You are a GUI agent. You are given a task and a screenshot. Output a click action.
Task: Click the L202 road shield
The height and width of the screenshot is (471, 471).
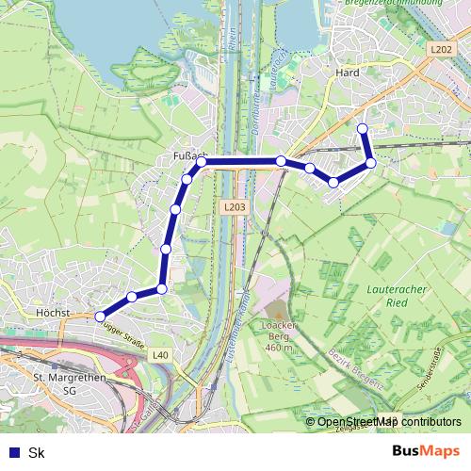[x=439, y=50]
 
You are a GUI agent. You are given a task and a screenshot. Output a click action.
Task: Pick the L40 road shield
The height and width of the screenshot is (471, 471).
[x=161, y=355]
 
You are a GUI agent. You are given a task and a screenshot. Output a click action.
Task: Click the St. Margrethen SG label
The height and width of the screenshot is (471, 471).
[x=67, y=383]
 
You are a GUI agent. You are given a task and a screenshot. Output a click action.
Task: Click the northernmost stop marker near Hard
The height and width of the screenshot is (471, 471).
[x=363, y=128]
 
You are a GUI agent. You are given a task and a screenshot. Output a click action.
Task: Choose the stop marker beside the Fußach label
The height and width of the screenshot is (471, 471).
[x=201, y=162]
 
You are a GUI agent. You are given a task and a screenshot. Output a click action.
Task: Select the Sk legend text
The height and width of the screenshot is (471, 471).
[x=37, y=452]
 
